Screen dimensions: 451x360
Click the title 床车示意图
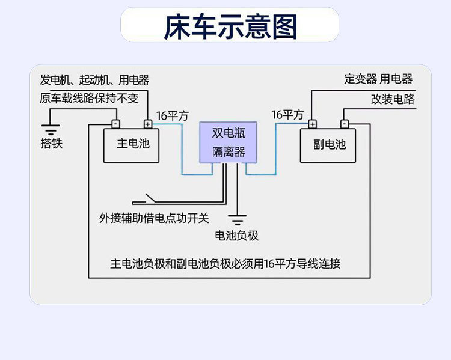coord(230,26)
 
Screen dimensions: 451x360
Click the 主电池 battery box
coord(131,145)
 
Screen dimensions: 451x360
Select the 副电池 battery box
coord(328,145)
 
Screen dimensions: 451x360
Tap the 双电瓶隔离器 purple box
coord(228,142)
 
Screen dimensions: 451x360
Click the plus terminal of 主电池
coord(148,124)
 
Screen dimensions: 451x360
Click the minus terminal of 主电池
coord(115,124)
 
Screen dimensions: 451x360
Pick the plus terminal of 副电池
coord(312,124)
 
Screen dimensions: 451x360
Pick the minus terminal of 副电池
coord(345,124)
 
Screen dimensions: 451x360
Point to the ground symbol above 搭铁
coord(51,130)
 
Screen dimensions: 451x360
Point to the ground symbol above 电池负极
coord(238,220)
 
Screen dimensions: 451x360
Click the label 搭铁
coord(52,143)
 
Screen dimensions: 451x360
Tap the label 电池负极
coord(237,236)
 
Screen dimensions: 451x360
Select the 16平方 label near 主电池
coord(173,116)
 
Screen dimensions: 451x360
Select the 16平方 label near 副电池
coord(288,115)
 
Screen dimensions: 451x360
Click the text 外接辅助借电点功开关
coord(154,218)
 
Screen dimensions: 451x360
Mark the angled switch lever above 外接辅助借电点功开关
coord(150,198)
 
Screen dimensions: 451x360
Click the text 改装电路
coord(393,99)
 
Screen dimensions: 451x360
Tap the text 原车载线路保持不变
coord(89,98)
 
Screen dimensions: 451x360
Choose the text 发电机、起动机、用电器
coord(94,80)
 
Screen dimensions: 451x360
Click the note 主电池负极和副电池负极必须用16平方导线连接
coord(226,264)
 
